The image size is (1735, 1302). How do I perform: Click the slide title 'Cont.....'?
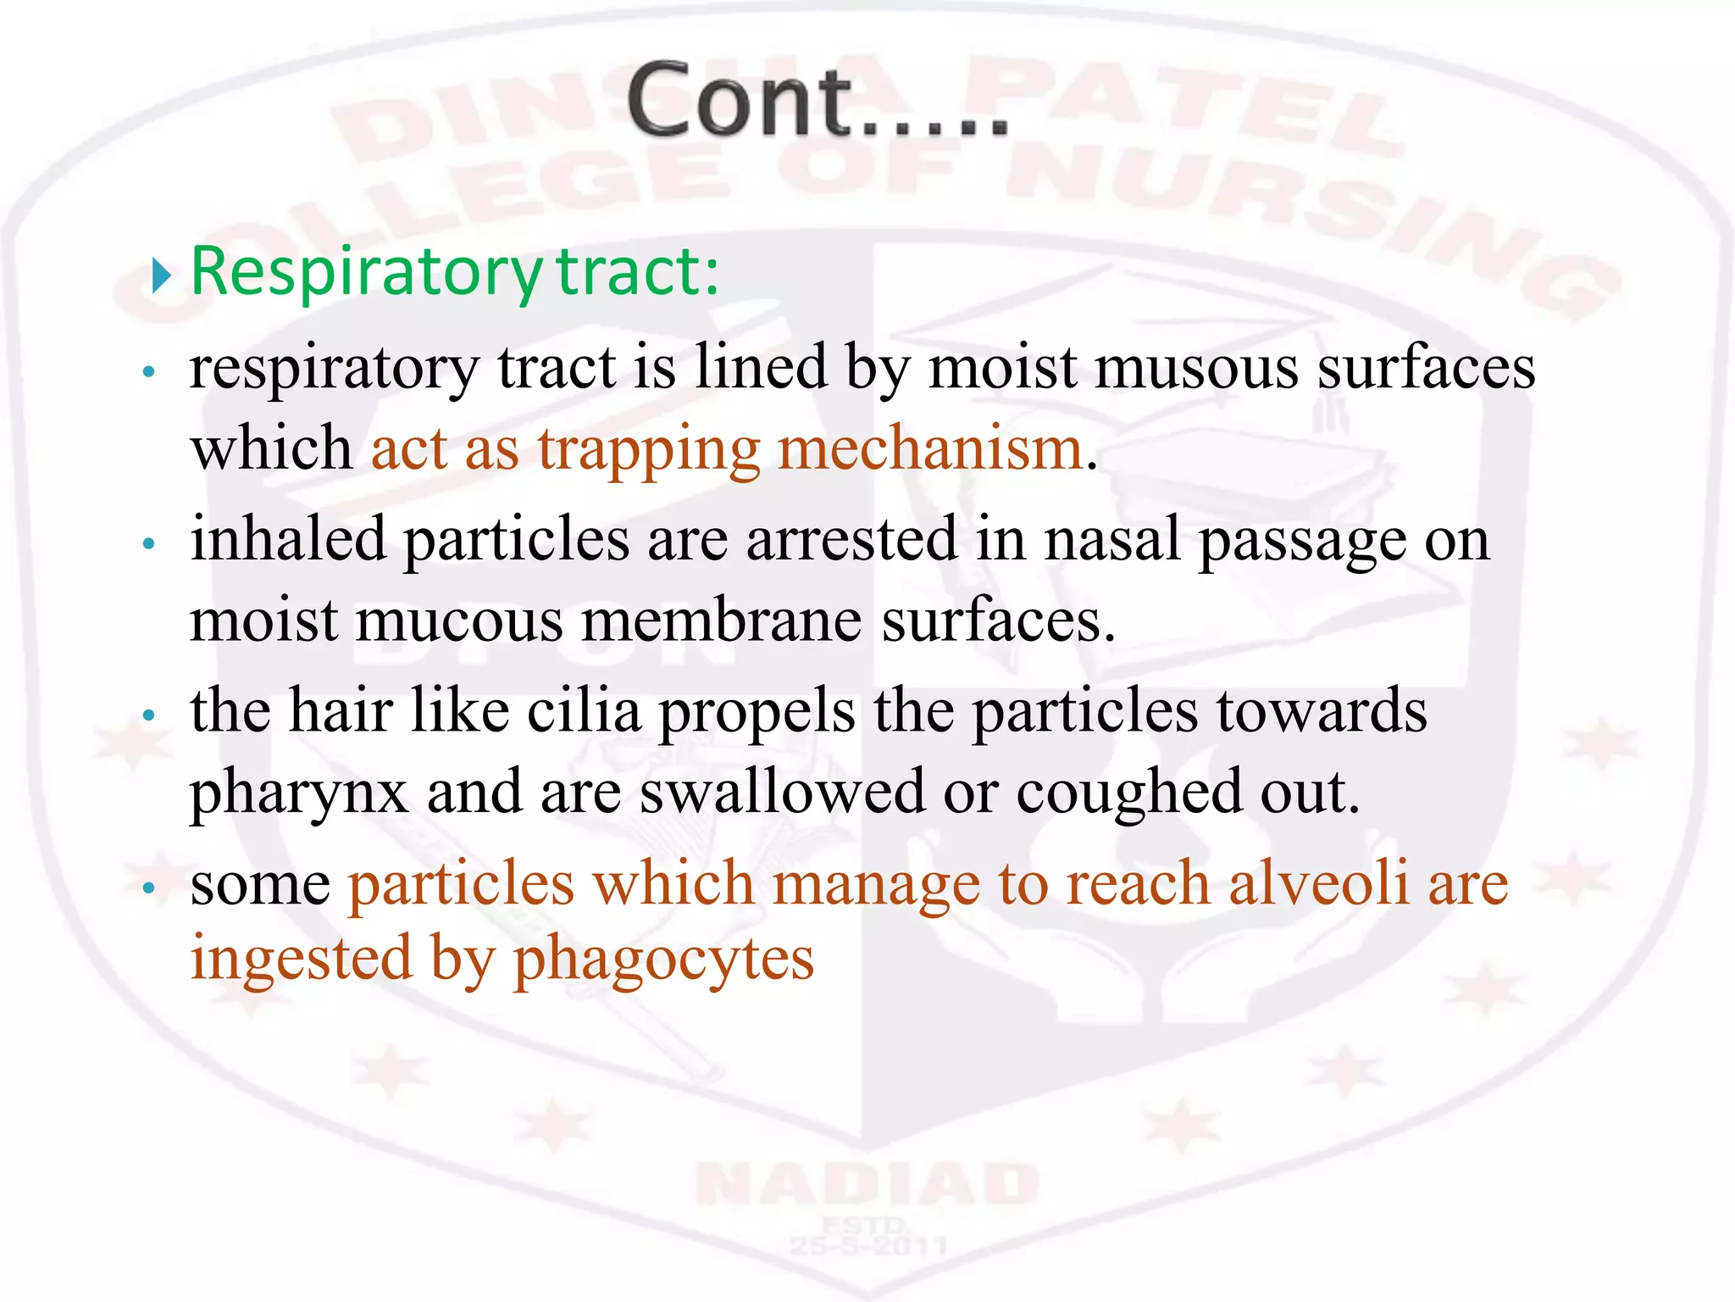pos(818,100)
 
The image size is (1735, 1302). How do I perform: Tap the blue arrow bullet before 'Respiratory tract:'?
pos(161,275)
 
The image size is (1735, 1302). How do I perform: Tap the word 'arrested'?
pos(851,539)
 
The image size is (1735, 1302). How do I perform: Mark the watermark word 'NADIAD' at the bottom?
pos(867,1183)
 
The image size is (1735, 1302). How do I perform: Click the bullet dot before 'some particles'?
pos(150,888)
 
